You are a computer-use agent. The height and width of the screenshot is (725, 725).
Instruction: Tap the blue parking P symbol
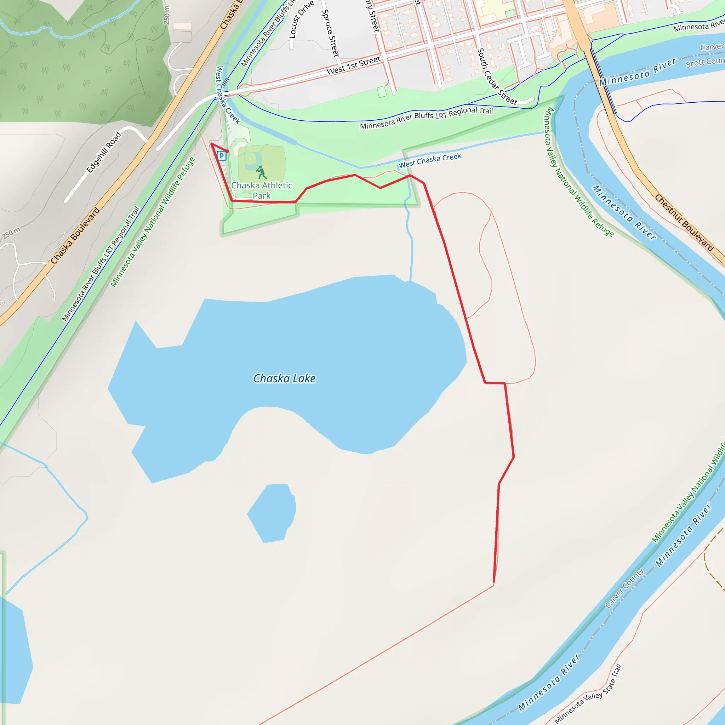[x=222, y=156]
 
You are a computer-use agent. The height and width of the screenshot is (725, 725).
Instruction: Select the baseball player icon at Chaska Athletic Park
[x=261, y=173]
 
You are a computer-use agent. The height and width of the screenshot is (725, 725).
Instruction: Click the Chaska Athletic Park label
[x=262, y=190]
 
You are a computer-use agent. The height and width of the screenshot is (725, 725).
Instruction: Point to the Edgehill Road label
[x=104, y=152]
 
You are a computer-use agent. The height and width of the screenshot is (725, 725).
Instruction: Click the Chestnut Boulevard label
[x=684, y=223]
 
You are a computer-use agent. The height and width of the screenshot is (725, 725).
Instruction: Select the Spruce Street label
[x=331, y=33]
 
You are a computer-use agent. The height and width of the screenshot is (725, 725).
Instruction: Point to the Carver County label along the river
[x=624, y=588]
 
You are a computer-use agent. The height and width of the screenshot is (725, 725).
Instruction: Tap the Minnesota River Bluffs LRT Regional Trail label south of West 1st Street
[x=426, y=118]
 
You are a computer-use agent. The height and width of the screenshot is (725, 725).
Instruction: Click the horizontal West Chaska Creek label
[x=430, y=161]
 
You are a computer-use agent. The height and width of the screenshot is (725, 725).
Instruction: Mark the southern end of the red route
[x=494, y=582]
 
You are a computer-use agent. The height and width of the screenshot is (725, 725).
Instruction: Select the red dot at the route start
[x=227, y=151]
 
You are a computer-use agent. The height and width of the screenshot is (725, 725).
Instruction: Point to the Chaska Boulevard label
[x=75, y=235]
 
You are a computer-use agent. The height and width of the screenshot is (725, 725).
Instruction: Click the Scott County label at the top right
[x=705, y=62]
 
